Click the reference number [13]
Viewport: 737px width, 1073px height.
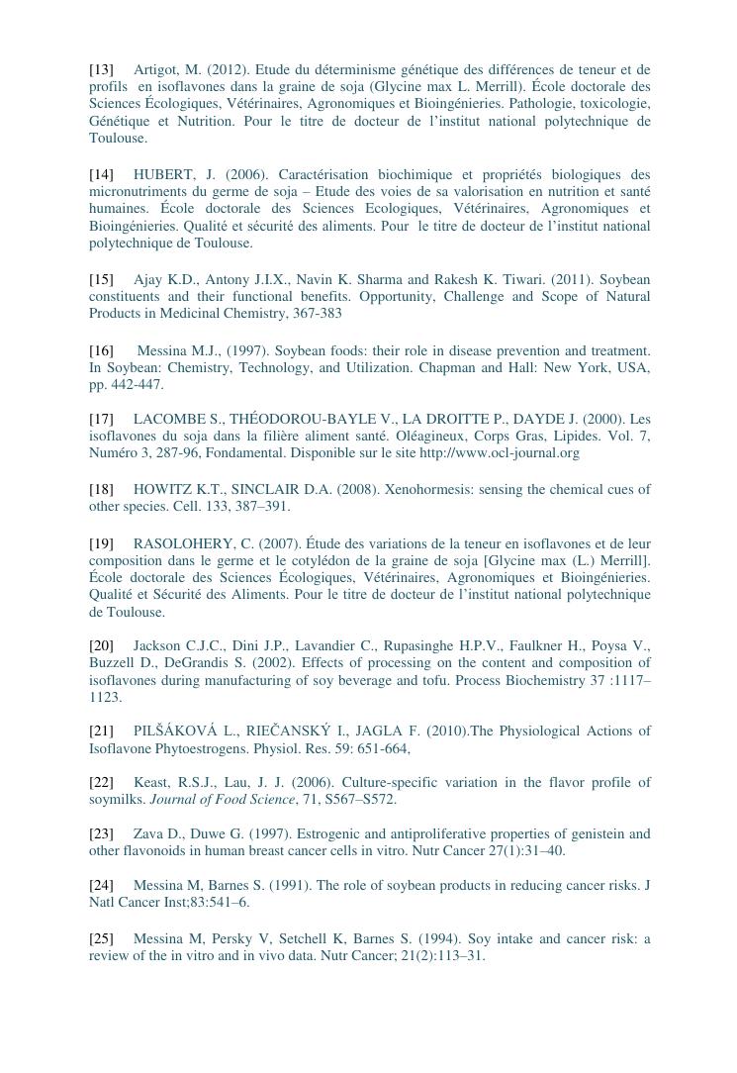[x=101, y=69]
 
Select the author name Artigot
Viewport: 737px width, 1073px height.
[x=156, y=69]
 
